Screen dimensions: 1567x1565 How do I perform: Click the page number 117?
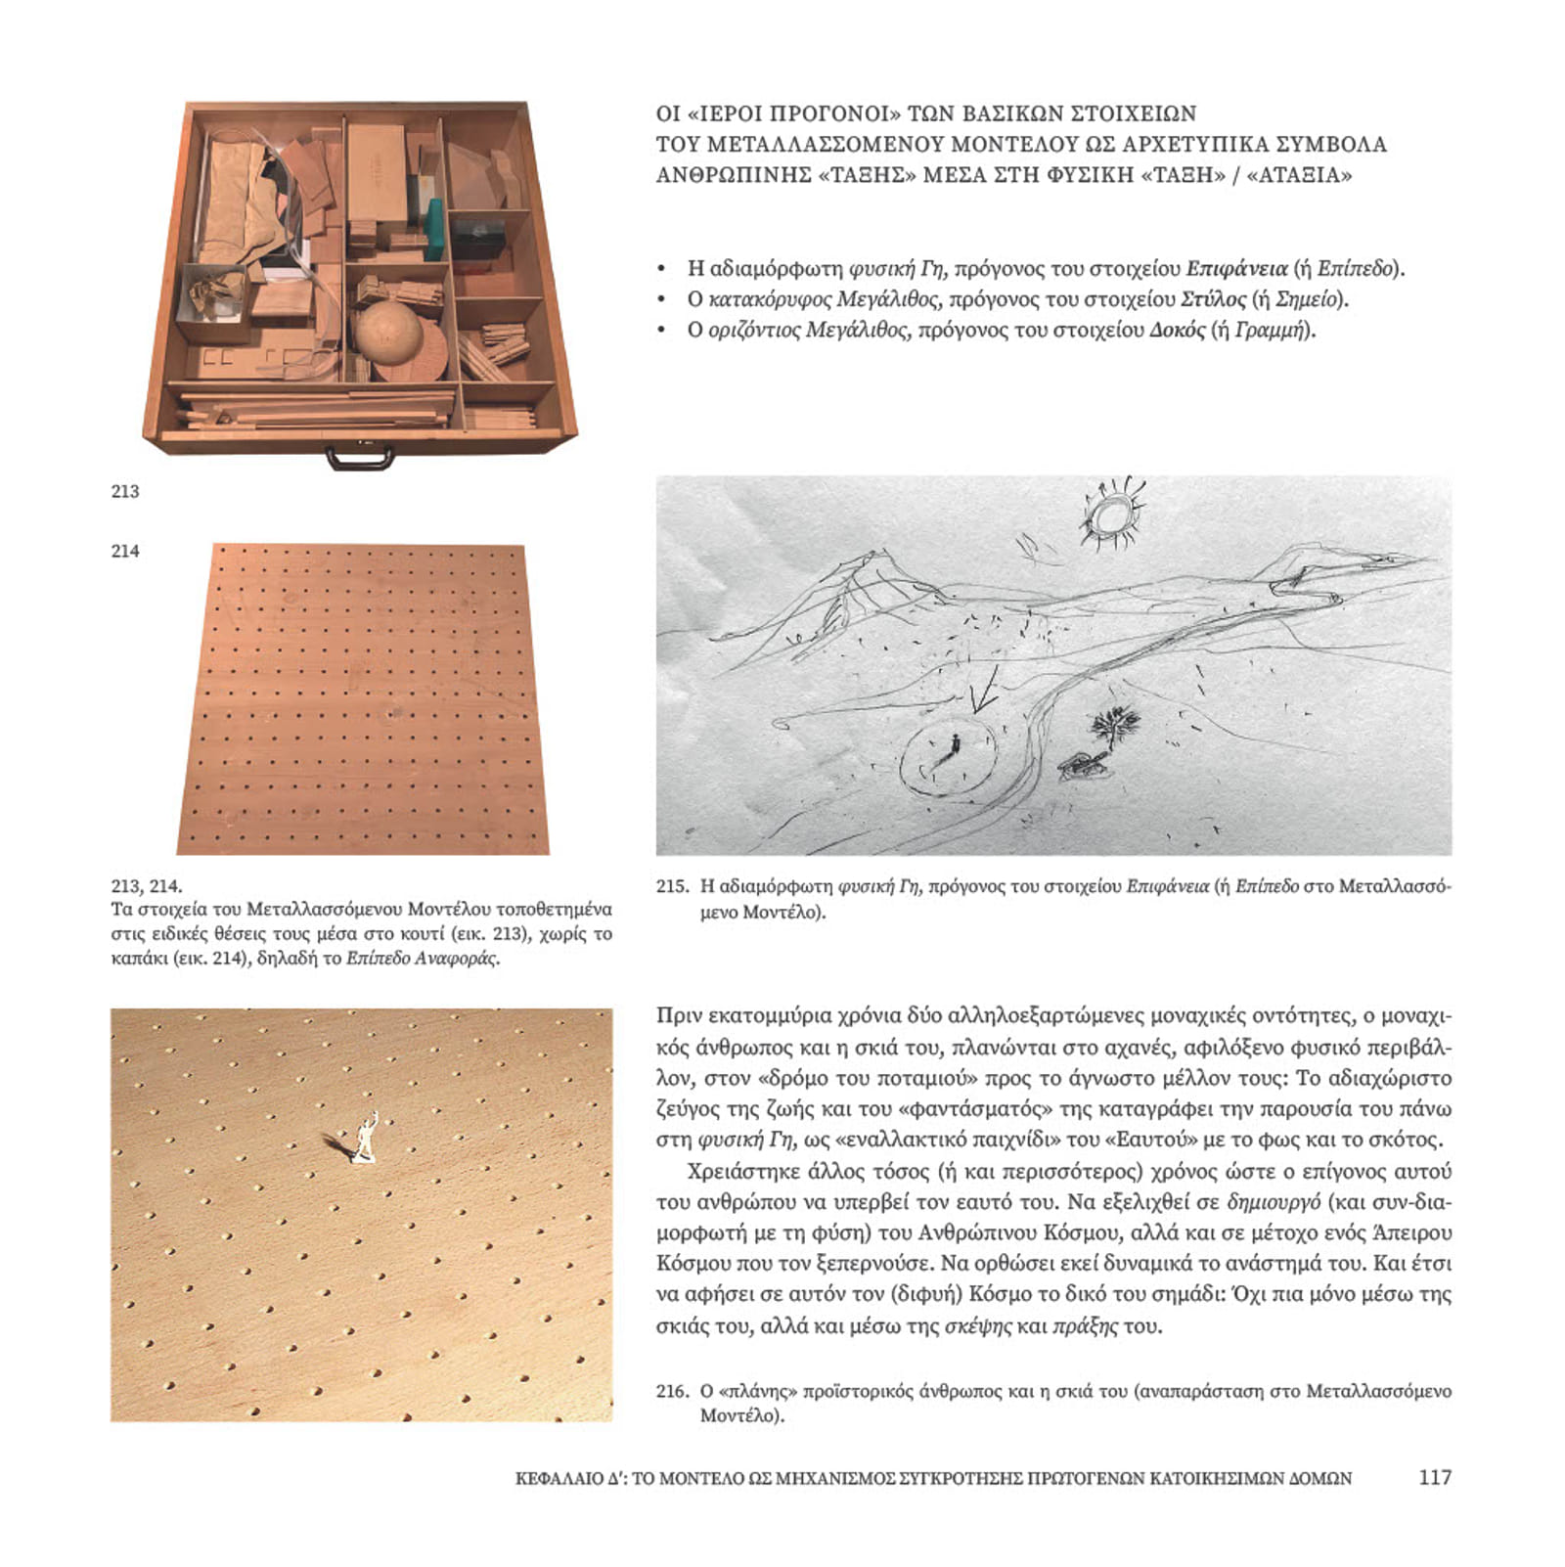point(1434,1477)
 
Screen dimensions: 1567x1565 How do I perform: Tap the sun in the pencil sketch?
point(1111,515)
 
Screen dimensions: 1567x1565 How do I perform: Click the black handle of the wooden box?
point(360,457)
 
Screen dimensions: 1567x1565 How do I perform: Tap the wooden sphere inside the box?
point(388,332)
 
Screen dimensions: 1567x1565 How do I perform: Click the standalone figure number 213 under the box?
point(125,491)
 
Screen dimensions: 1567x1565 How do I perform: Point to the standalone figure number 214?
point(125,551)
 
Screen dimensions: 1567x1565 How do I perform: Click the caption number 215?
point(672,887)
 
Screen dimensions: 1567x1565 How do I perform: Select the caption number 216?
point(672,1391)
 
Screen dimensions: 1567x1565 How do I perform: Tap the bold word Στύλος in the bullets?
point(1213,299)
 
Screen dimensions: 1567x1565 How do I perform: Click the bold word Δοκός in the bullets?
point(1178,331)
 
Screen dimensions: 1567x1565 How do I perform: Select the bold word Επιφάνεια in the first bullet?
point(1236,269)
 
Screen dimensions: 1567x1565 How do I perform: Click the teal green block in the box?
point(434,230)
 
